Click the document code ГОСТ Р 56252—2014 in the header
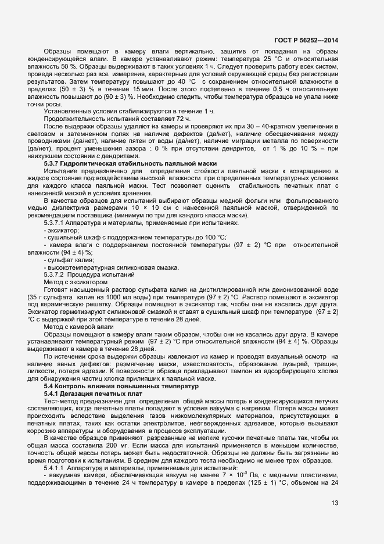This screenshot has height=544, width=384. (x=307, y=40)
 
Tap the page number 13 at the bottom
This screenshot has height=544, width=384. (x=335, y=503)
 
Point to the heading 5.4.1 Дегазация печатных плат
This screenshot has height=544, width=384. (x=93, y=394)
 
